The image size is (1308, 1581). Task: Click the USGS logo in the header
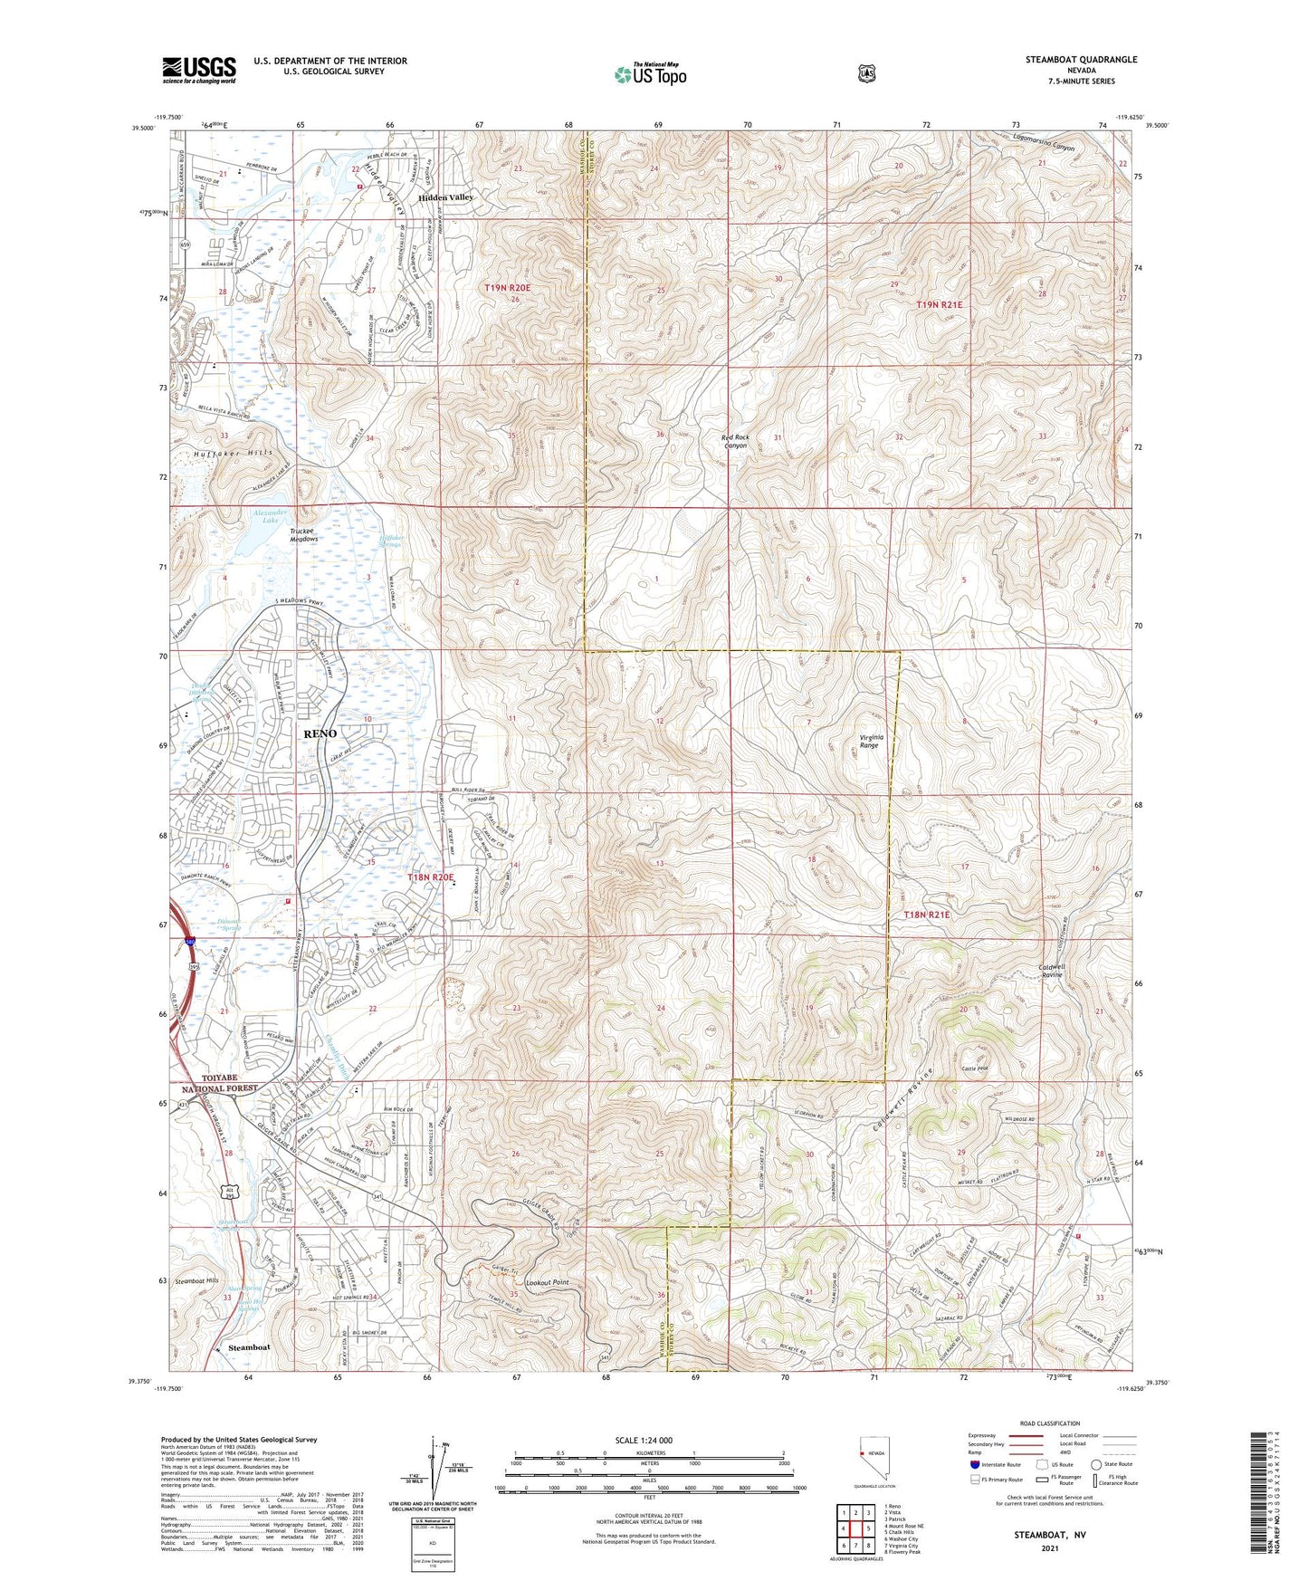coord(198,70)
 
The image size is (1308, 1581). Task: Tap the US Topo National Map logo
coord(649,74)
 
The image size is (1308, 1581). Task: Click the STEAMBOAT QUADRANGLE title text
coord(1081,60)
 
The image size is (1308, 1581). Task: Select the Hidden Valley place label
coord(445,196)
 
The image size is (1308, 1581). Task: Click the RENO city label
coord(320,733)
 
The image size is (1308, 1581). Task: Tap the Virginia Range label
coord(869,741)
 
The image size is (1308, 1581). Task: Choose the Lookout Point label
coord(548,1283)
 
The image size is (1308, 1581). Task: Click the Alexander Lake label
coord(270,516)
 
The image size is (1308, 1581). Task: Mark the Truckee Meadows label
coord(303,534)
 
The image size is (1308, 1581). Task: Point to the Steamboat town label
coord(249,1347)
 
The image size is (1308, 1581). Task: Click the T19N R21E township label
coord(939,305)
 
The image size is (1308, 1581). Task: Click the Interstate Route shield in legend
coord(975,1463)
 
